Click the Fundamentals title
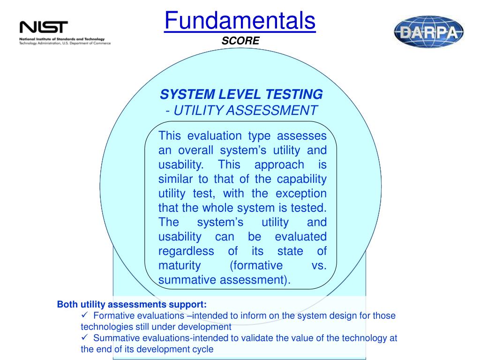[240, 21]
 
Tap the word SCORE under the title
[240, 41]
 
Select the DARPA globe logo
[428, 32]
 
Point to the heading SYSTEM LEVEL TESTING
[241, 94]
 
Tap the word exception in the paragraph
[301, 194]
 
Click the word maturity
[180, 266]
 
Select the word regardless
[186, 251]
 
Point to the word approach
[279, 165]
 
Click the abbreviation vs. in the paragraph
[319, 265]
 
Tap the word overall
[195, 150]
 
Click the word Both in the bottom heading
[67, 304]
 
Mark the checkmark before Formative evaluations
[85, 315]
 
